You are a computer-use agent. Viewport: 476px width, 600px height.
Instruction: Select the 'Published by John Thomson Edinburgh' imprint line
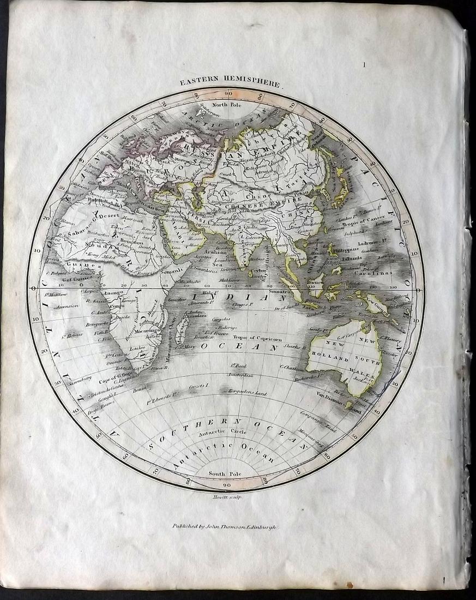click(225, 527)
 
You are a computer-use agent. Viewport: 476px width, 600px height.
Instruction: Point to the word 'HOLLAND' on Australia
click(327, 359)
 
